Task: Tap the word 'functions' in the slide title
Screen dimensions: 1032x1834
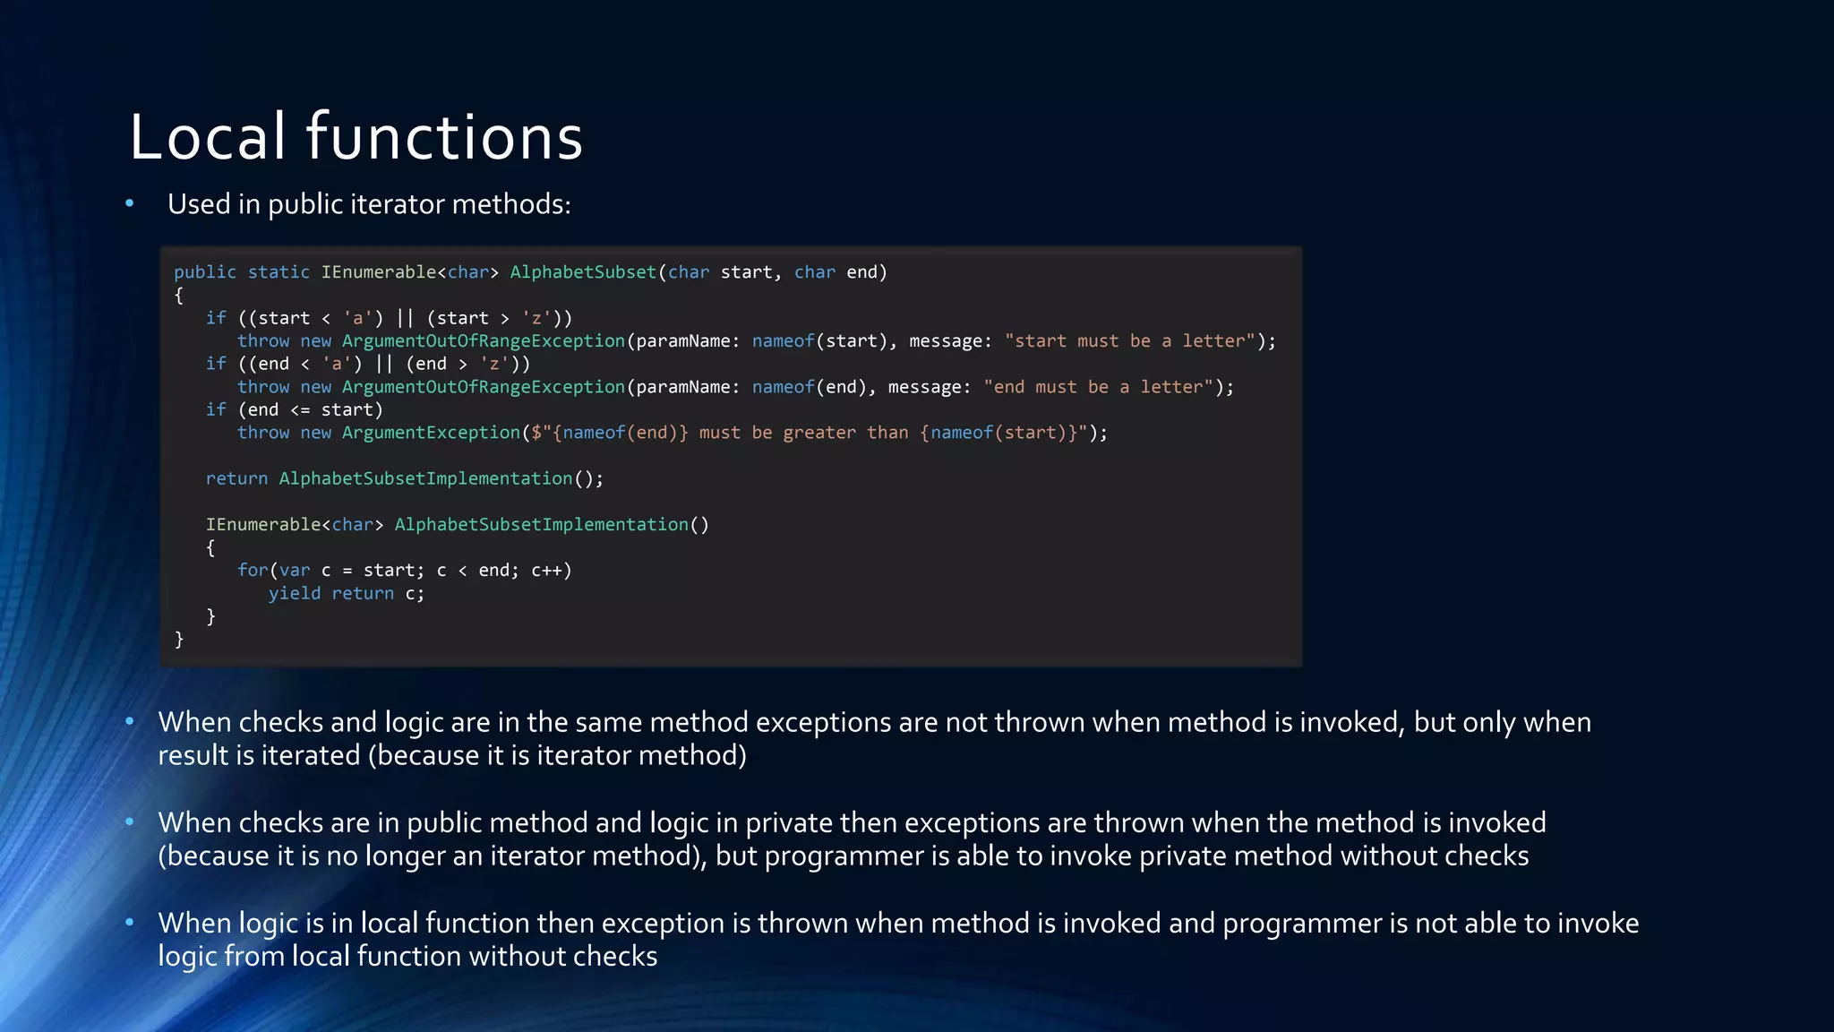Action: click(x=444, y=138)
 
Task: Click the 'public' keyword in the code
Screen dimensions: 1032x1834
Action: click(x=205, y=272)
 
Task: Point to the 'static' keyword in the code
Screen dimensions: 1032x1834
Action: click(x=279, y=272)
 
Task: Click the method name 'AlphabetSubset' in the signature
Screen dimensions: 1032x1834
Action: click(x=583, y=272)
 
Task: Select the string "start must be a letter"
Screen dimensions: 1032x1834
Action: click(x=1130, y=341)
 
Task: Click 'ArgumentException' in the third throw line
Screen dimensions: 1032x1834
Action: click(x=431, y=433)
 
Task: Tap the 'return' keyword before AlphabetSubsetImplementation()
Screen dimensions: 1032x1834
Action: click(x=236, y=478)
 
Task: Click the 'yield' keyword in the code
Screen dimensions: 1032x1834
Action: click(x=294, y=593)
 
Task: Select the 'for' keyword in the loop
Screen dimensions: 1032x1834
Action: click(x=252, y=571)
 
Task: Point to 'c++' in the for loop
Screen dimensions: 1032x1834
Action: click(x=546, y=571)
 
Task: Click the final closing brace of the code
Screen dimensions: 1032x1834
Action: click(x=179, y=639)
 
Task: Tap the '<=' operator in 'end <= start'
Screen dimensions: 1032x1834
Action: click(x=300, y=410)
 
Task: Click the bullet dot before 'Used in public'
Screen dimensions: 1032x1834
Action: click(x=130, y=204)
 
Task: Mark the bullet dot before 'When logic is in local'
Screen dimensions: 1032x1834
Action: click(x=130, y=922)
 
